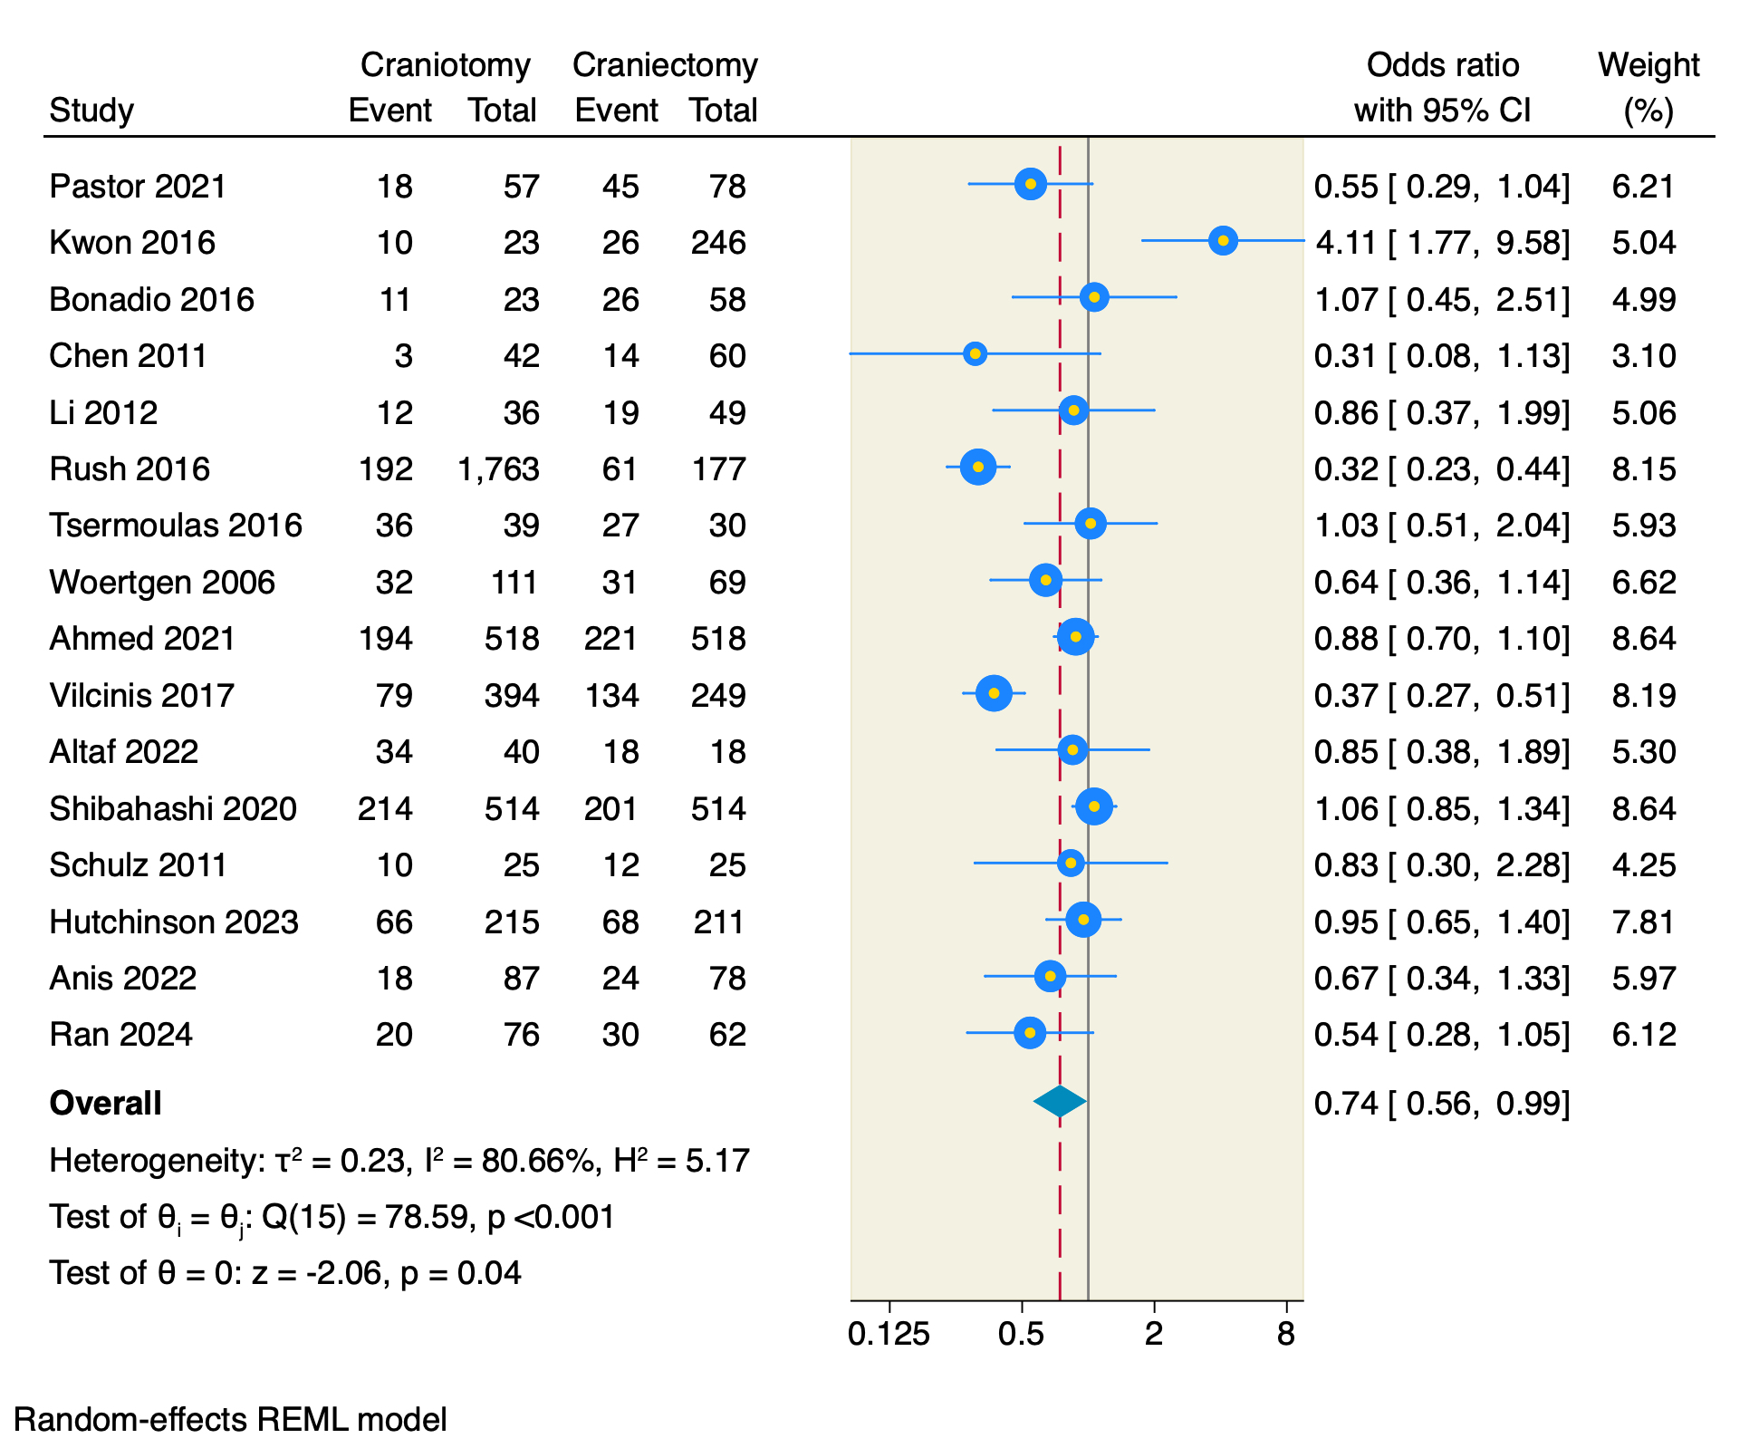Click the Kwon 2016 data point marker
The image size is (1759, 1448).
click(1223, 241)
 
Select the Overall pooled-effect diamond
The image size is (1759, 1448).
click(1060, 1101)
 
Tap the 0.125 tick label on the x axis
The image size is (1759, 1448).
click(889, 1334)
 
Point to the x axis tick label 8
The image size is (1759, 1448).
click(1286, 1334)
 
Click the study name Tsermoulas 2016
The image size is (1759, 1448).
click(176, 526)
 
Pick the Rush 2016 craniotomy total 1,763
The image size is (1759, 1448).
click(498, 469)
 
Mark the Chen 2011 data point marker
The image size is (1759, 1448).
click(975, 353)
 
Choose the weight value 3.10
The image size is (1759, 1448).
click(1643, 356)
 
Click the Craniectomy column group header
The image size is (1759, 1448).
click(665, 65)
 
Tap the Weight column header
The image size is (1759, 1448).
click(1648, 65)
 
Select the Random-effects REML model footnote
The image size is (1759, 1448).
click(231, 1420)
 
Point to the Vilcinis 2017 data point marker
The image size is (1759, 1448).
click(994, 693)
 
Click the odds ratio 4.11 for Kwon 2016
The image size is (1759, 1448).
click(1345, 243)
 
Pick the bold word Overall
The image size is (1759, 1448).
click(106, 1104)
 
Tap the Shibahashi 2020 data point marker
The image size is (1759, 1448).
click(1094, 806)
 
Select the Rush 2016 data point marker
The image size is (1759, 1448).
click(978, 468)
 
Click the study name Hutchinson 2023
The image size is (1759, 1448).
click(174, 922)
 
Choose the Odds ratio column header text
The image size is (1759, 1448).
click(1442, 65)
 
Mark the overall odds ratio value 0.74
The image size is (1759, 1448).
click(1345, 1104)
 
